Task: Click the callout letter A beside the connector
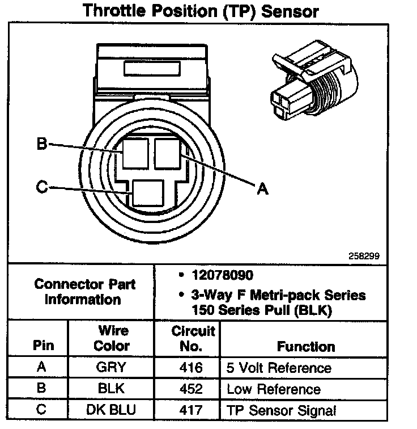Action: click(x=262, y=190)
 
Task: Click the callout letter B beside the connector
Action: click(x=41, y=144)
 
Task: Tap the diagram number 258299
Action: click(x=363, y=256)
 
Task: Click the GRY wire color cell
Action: click(x=111, y=367)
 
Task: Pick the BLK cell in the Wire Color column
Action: click(x=111, y=389)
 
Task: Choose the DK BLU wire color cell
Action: click(x=111, y=410)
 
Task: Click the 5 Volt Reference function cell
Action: click(x=279, y=368)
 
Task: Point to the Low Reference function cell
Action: click(x=273, y=389)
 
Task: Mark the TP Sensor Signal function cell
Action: click(x=281, y=410)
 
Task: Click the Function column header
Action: click(x=305, y=346)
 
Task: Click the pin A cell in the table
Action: click(x=41, y=367)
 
